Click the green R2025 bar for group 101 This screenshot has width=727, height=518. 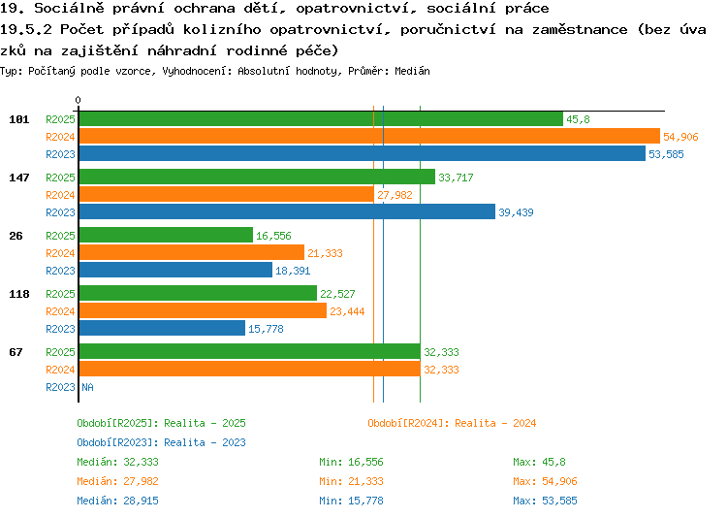tap(321, 119)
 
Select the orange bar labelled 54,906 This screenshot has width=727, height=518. tap(369, 137)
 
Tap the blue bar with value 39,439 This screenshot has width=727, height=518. tap(287, 212)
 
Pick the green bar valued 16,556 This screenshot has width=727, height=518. tap(166, 236)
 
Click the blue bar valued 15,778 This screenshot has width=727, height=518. tap(162, 329)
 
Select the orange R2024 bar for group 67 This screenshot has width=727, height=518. tap(250, 370)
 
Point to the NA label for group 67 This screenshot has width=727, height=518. tap(87, 387)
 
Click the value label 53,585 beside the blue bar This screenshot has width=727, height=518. tap(666, 154)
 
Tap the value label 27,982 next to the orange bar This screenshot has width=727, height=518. tap(395, 195)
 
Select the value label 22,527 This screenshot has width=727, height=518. tap(337, 294)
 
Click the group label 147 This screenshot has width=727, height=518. tap(19, 178)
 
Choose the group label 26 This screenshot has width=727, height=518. tap(16, 236)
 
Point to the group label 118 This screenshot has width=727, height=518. tap(19, 294)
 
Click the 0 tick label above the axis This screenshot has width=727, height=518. tap(78, 100)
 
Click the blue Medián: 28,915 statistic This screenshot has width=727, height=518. tap(117, 501)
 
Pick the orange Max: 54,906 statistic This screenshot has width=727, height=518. tap(545, 481)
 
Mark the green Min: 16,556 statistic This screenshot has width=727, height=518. tap(351, 462)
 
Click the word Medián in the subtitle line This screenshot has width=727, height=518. tap(412, 71)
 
